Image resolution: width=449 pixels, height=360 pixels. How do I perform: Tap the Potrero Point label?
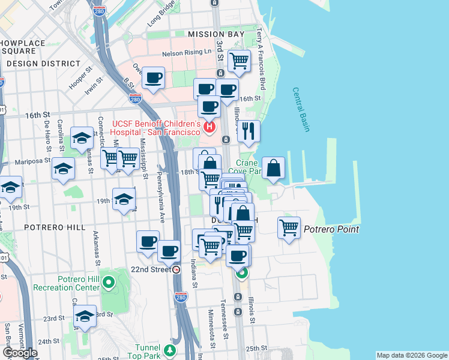331,229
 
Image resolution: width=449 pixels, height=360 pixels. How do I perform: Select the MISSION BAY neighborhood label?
216,34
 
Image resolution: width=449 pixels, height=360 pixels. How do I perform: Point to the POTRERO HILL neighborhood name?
48,227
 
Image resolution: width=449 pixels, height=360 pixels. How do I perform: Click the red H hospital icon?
209,127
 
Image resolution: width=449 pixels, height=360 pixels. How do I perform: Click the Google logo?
20,353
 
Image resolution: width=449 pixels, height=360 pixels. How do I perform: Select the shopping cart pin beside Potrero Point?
289,227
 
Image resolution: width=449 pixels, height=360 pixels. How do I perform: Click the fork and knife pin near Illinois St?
249,130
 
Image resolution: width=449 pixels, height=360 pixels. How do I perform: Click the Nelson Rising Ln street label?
187,52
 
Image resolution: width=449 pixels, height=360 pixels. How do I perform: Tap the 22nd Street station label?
152,269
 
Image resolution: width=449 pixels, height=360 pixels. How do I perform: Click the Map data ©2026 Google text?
411,355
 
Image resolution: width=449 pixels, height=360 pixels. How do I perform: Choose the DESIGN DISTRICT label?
43,63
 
